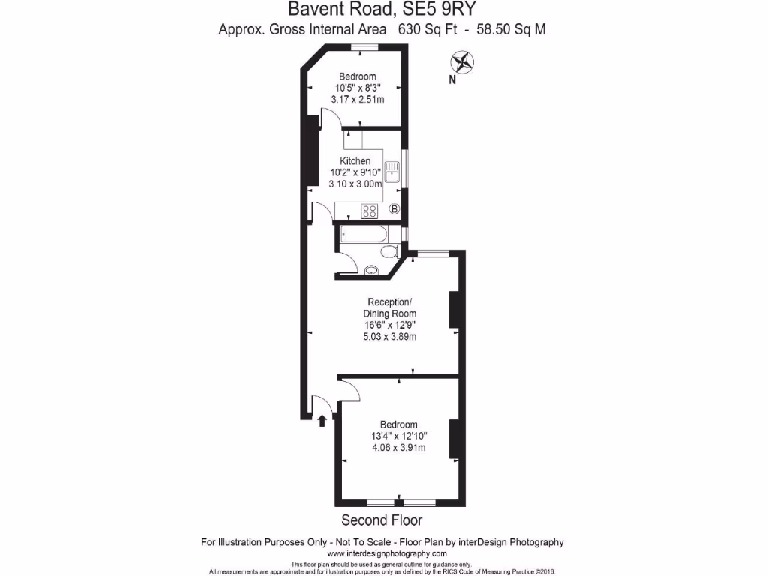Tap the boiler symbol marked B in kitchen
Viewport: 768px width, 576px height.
(x=394, y=210)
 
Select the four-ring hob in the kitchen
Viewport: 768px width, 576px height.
(x=369, y=211)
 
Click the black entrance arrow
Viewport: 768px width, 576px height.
(x=322, y=420)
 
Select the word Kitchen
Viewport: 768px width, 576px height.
(x=355, y=161)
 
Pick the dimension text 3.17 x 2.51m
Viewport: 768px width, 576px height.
(x=358, y=99)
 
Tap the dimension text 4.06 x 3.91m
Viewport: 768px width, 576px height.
(x=399, y=448)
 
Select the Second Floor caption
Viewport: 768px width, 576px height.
(x=382, y=520)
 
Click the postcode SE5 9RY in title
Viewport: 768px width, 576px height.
(x=438, y=10)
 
